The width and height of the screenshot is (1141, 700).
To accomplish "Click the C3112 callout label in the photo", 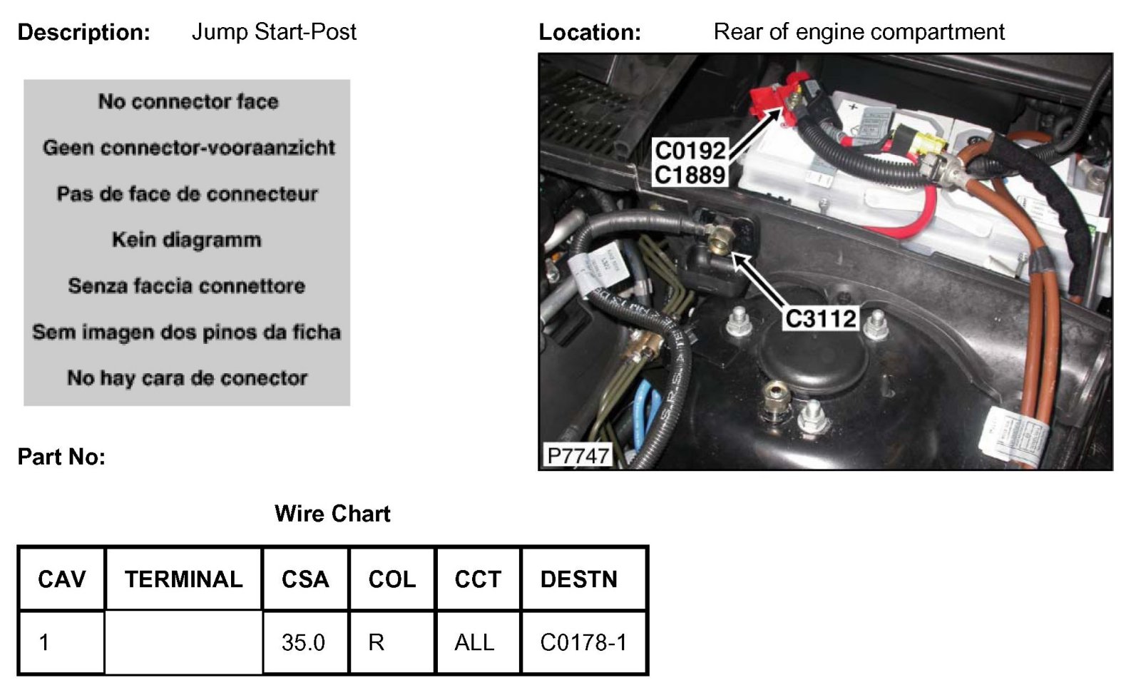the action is point(820,318).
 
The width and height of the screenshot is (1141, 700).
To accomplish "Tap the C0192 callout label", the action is point(690,151).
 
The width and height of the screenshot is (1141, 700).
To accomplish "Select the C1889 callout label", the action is point(690,174).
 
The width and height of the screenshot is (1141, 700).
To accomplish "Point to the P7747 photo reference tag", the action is point(577,455).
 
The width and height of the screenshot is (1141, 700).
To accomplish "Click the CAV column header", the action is point(61,579).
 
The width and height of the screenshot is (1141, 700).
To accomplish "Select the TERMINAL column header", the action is point(183,579).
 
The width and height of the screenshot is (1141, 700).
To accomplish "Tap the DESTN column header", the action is point(578,579).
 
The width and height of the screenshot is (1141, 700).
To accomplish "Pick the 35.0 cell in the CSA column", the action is point(303,642).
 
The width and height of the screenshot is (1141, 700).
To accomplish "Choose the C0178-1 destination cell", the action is point(583,642).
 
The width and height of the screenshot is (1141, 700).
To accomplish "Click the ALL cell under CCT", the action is point(474,642).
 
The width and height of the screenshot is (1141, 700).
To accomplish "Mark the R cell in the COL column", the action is point(376,642).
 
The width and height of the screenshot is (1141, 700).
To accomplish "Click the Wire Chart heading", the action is point(332,514).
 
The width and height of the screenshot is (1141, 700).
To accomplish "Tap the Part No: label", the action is point(61,457).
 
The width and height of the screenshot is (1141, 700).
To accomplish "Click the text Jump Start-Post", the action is point(274,32).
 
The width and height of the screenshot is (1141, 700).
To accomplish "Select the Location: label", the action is point(590,32).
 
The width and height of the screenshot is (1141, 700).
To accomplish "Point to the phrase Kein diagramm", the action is point(187,240).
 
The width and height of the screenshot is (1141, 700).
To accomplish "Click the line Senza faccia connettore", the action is point(187,286).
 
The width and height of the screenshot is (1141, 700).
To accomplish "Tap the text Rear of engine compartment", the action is point(859,32).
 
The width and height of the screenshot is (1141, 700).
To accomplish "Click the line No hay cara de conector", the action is point(187,377).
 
